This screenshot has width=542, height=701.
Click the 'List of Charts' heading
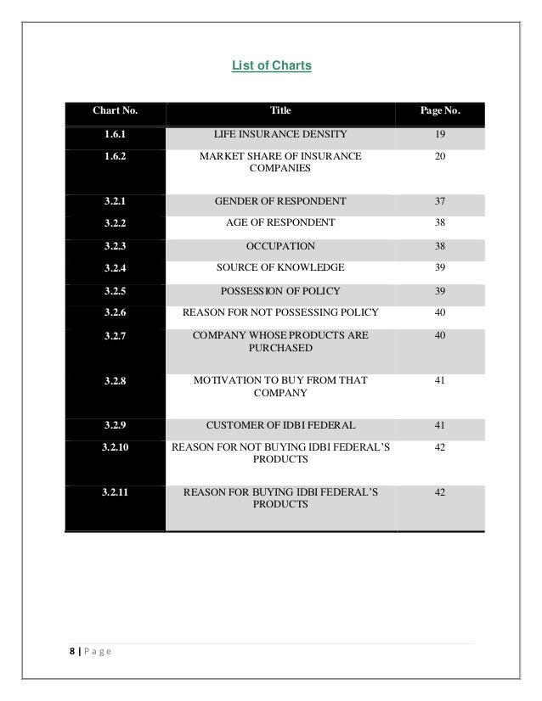(272, 64)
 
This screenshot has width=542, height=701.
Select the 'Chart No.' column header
(116, 110)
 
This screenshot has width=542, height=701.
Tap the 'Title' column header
(279, 110)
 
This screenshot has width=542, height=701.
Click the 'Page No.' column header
(440, 110)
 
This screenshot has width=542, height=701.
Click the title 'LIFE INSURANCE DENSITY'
(279, 134)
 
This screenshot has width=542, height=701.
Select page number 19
(439, 134)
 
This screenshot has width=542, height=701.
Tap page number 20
(439, 156)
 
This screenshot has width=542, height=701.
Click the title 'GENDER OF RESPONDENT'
(279, 201)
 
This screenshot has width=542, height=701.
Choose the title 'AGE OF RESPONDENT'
(279, 223)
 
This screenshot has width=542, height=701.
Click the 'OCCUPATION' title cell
(279, 246)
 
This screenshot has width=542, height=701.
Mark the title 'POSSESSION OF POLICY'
(279, 290)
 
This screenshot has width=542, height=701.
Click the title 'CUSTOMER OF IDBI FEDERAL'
(279, 424)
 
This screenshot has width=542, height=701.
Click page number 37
(439, 201)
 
